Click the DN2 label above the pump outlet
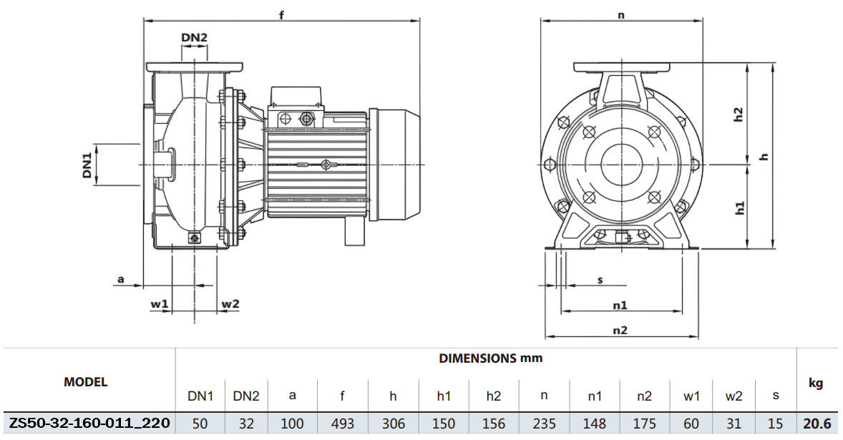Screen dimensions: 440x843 coord(194,37)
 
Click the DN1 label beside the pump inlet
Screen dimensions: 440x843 coord(87,165)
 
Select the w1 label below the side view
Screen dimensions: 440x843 coord(159,304)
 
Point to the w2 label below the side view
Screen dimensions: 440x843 coord(230,304)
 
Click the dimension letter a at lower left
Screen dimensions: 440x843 coord(121,280)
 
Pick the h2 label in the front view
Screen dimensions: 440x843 coord(739,115)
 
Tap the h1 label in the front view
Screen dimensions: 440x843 coord(739,207)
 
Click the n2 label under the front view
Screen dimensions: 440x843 coord(620,330)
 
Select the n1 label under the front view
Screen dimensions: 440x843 coord(620,305)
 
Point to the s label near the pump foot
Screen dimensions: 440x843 coord(600,280)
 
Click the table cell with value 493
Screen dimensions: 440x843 coord(343,424)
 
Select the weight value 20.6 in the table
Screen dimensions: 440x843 coord(816,424)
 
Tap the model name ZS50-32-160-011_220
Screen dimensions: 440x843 coord(89,424)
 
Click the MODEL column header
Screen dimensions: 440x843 coord(86,382)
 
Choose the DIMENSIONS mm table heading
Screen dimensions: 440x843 coord(490,358)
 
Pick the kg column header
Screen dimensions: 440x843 coord(816,383)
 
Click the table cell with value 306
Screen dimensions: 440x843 coord(393,424)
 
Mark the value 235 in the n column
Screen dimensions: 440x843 coord(543,424)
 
